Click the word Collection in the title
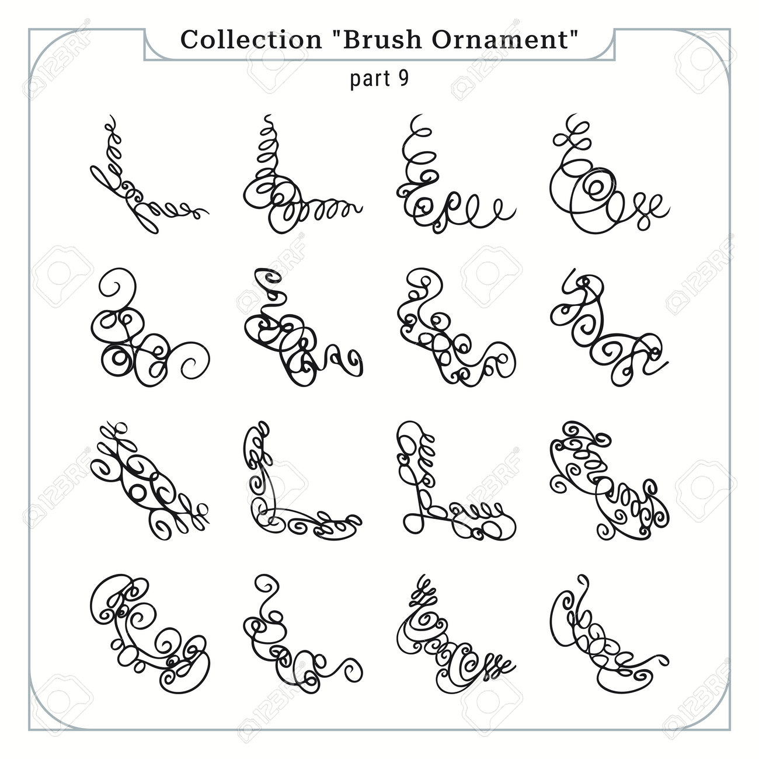[251, 40]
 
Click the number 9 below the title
[403, 78]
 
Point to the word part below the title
[370, 79]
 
